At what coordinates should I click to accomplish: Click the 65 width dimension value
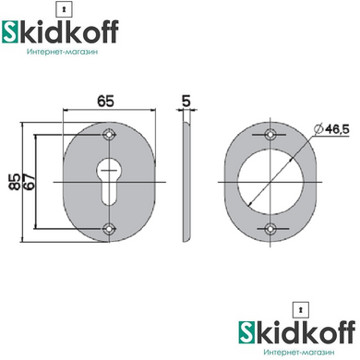pyautogui.click(x=105, y=101)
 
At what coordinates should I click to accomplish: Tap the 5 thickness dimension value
pyautogui.click(x=186, y=101)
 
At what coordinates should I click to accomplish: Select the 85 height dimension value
pyautogui.click(x=15, y=182)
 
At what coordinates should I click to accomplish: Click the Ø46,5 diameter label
pyautogui.click(x=331, y=129)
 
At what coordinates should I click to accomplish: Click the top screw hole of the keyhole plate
pyautogui.click(x=109, y=135)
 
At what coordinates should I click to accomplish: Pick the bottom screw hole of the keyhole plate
pyautogui.click(x=109, y=229)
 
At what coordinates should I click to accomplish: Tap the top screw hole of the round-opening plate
pyautogui.click(x=270, y=135)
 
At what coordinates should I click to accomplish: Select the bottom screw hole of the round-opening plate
pyautogui.click(x=270, y=229)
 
